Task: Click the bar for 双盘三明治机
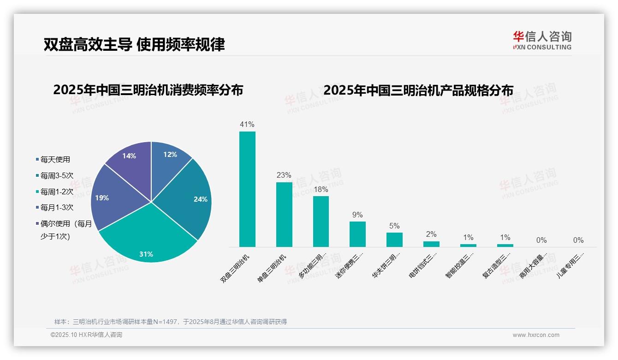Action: point(247,189)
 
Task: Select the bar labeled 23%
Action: point(284,215)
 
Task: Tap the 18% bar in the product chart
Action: point(321,222)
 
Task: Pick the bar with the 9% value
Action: point(357,234)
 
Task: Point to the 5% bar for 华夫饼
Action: point(394,240)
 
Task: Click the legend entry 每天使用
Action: point(55,160)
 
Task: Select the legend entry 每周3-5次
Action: point(56,176)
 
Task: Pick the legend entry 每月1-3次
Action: point(56,208)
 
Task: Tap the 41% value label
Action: point(247,125)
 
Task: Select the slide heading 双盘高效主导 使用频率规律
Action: point(134,44)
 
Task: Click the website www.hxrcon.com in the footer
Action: point(536,335)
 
